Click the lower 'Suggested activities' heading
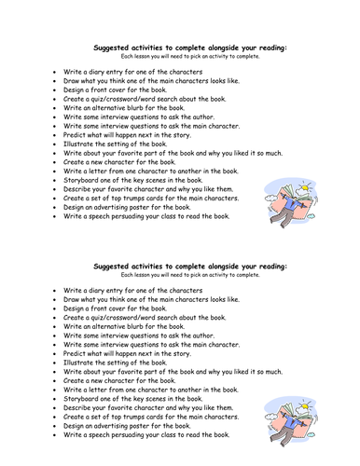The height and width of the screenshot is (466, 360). pyautogui.click(x=191, y=267)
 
